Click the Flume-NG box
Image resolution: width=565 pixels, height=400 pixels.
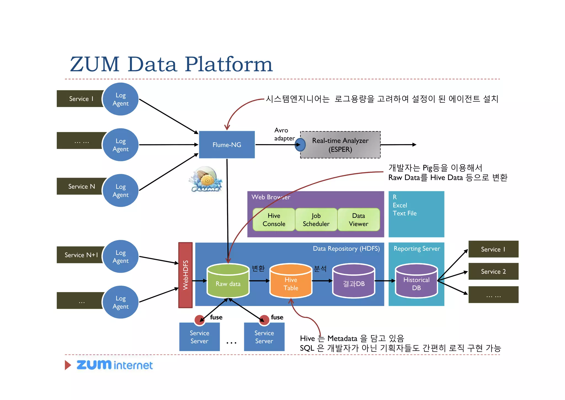[x=227, y=145]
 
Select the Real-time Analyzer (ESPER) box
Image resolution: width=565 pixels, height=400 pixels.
[x=340, y=145]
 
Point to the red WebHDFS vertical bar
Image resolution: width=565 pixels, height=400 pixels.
[x=185, y=275]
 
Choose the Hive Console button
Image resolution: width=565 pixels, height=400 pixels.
[x=274, y=220]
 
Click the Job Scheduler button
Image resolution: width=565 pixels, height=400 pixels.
[x=316, y=220]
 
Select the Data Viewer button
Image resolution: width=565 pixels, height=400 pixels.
[x=358, y=220]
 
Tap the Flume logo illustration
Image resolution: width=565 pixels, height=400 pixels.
[x=206, y=179]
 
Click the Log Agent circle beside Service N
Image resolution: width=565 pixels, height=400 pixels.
[x=121, y=190]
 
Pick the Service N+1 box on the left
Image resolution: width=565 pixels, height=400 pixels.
[x=81, y=255]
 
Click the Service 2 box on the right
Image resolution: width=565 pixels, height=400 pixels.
[x=493, y=271]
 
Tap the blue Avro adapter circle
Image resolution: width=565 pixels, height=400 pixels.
[x=300, y=145]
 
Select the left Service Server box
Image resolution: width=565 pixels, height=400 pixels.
[x=199, y=337]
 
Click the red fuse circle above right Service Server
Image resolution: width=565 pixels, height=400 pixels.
[x=264, y=320]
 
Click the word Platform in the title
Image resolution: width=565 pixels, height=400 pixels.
[x=228, y=64]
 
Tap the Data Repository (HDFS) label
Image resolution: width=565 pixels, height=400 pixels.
[x=346, y=249]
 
